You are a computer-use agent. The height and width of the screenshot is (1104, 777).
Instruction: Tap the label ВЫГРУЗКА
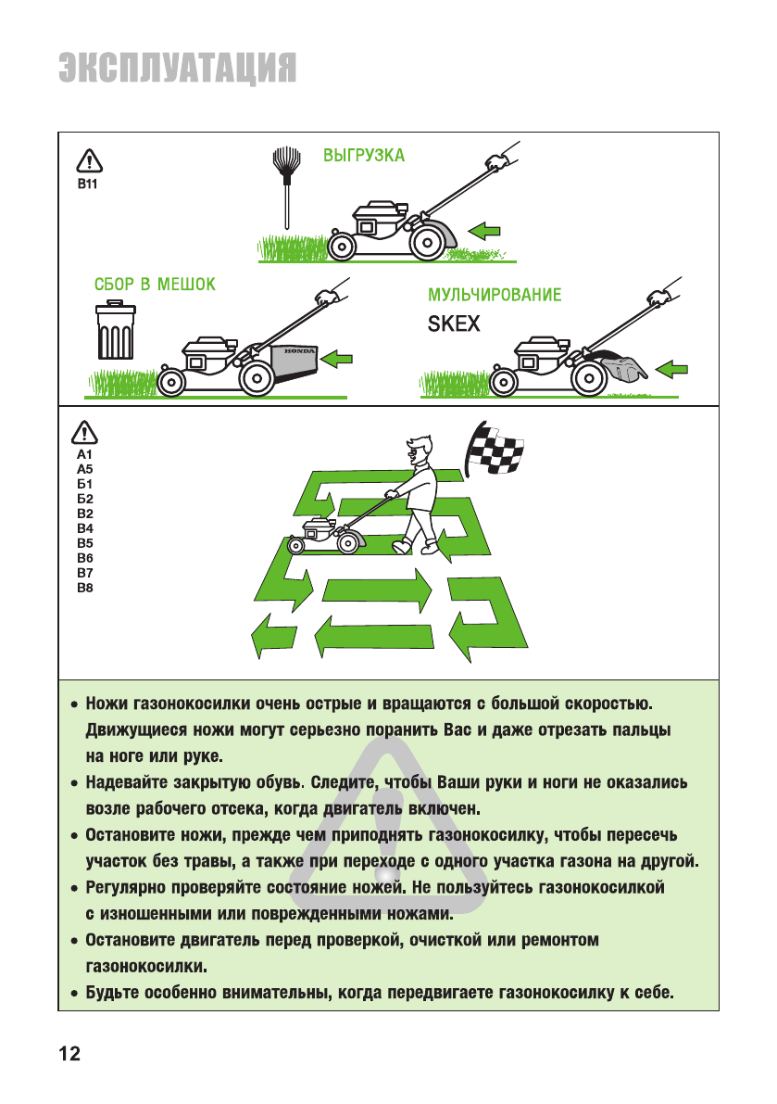point(363,155)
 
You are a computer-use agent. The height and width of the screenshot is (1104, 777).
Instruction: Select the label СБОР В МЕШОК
point(155,285)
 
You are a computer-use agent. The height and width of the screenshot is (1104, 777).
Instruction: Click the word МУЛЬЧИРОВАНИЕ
point(495,296)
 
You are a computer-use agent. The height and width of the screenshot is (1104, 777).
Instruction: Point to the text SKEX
point(454,325)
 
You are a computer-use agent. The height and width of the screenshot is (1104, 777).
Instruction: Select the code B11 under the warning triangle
point(87,185)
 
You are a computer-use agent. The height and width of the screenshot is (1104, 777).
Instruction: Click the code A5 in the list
point(85,469)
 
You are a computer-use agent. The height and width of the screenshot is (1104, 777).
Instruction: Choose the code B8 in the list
point(85,588)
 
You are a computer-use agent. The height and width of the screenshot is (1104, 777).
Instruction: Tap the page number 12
point(69,1053)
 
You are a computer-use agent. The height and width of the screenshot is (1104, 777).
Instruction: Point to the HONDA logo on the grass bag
point(299,351)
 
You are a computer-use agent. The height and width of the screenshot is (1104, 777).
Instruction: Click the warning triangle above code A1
point(85,432)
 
